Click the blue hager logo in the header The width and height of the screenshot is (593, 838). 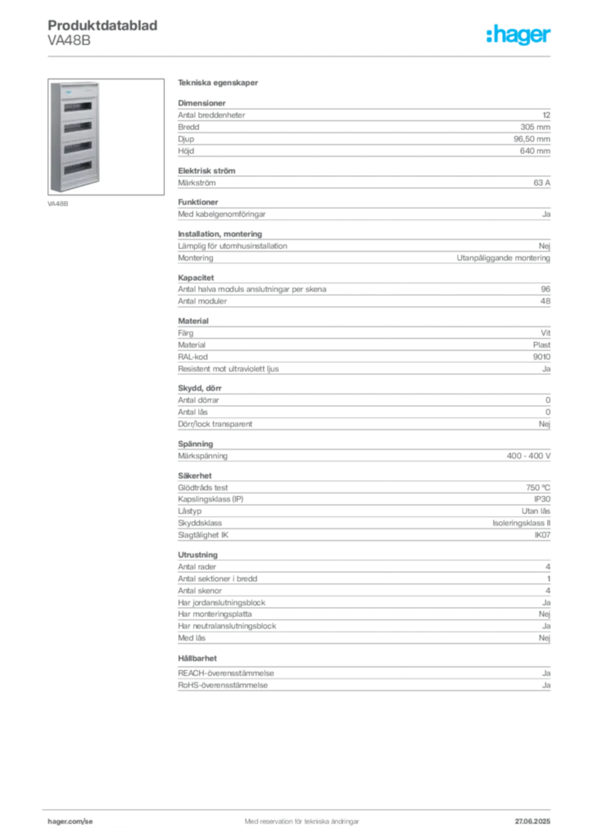[x=519, y=35]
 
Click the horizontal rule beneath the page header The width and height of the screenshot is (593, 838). [x=301, y=56]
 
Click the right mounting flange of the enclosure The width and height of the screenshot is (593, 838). [x=101, y=135]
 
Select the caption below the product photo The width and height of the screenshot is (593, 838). [x=58, y=204]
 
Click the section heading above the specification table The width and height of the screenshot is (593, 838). [x=220, y=84]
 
